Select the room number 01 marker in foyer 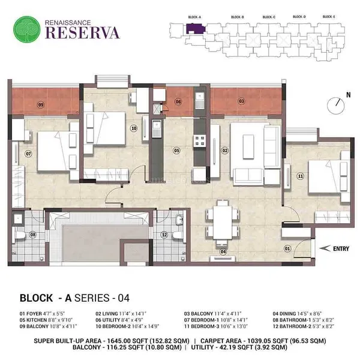click(x=287, y=248)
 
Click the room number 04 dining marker click(x=223, y=252)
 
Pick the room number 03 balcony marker click(x=241, y=102)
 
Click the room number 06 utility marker click(x=178, y=102)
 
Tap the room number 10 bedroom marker click(x=134, y=128)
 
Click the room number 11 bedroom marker click(x=300, y=176)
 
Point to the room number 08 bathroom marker click(x=32, y=234)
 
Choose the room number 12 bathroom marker click(x=164, y=234)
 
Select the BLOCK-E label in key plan click(x=328, y=17)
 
